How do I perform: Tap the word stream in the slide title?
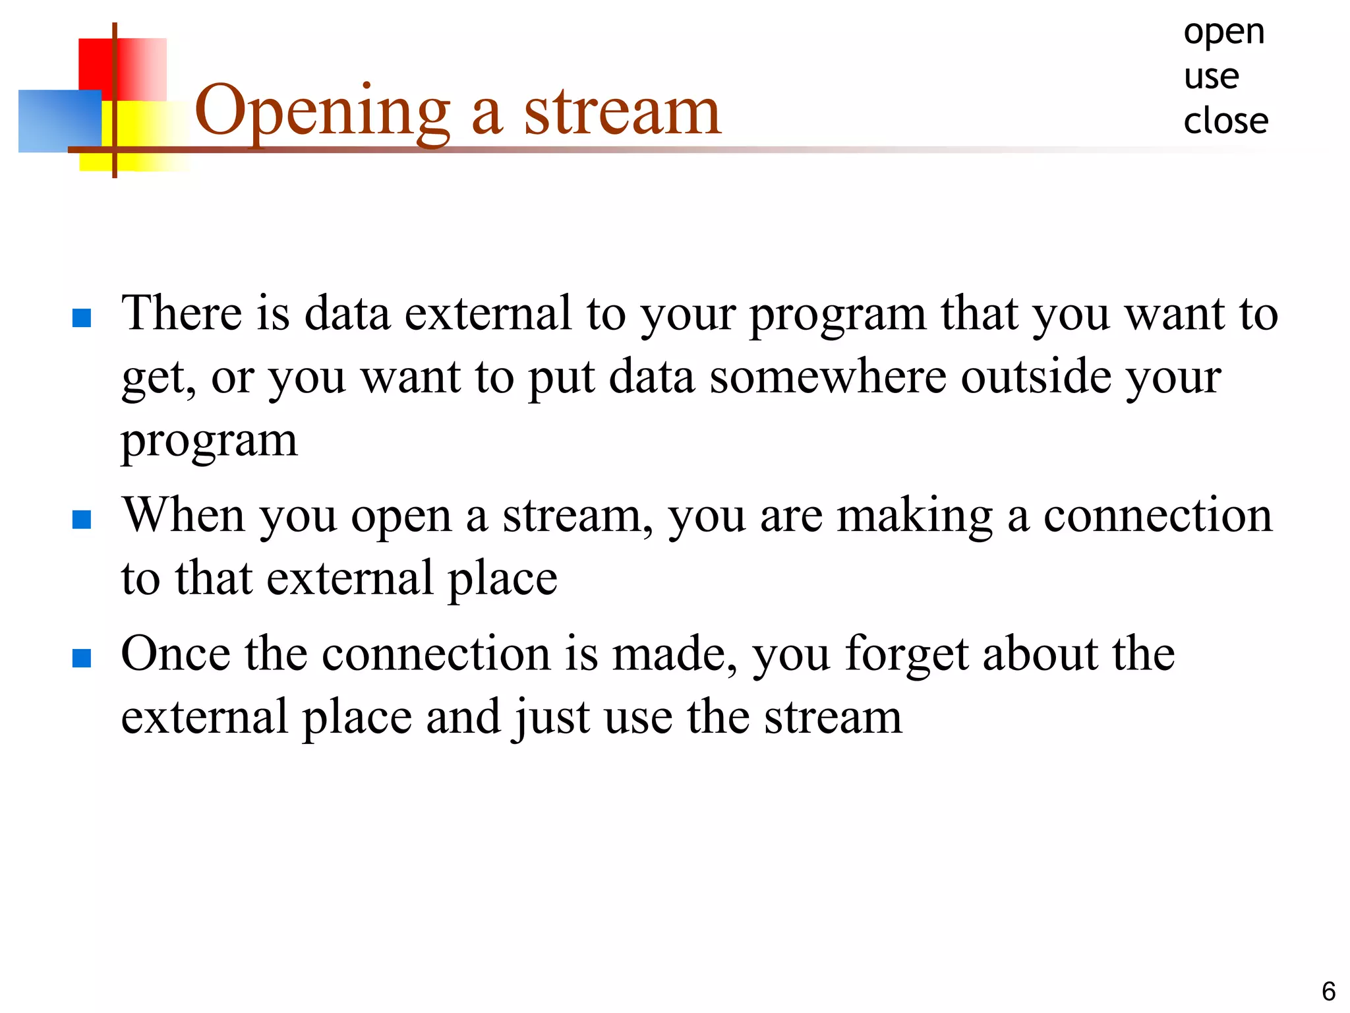coord(622,112)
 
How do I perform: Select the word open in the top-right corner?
coord(1224,33)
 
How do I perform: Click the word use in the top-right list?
coord(1211,77)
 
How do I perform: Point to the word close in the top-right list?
coord(1225,121)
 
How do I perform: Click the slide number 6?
coord(1328,991)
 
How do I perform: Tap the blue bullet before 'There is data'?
coord(82,319)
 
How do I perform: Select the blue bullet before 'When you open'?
coord(82,520)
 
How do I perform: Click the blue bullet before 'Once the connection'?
coord(82,658)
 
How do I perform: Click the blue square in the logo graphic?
coord(59,121)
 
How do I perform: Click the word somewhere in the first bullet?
coord(828,377)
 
